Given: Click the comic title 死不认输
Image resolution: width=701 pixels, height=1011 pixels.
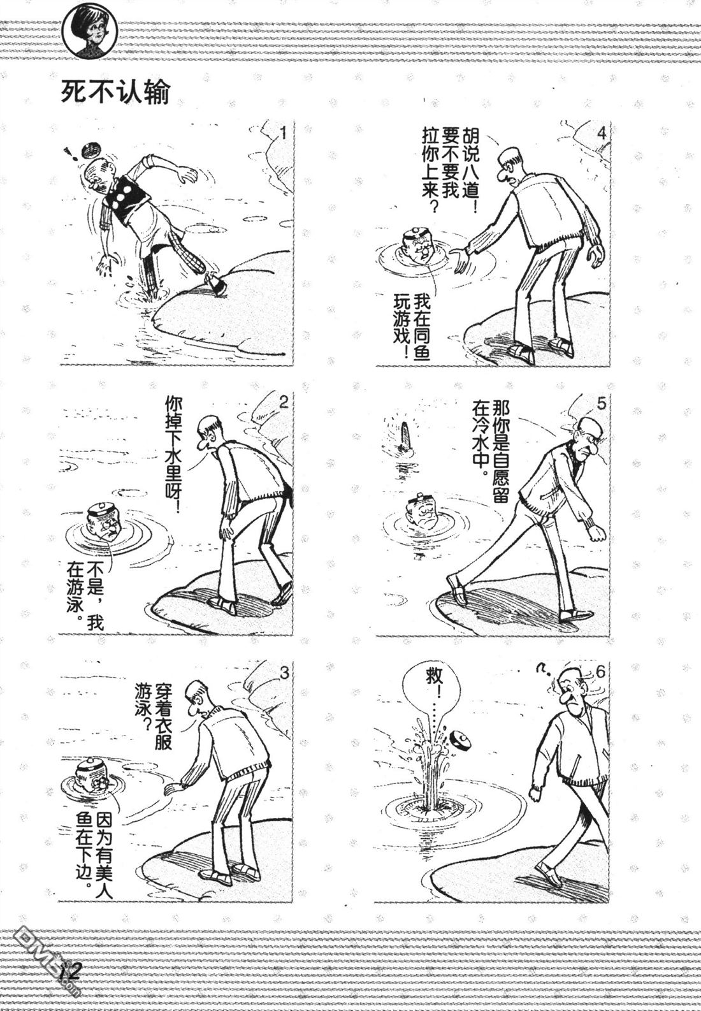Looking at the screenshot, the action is coord(115,93).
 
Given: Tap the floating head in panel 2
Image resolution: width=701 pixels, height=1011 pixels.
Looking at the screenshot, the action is coord(104,521).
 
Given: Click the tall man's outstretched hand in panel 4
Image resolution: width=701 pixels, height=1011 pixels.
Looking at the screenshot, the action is coord(460,261).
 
